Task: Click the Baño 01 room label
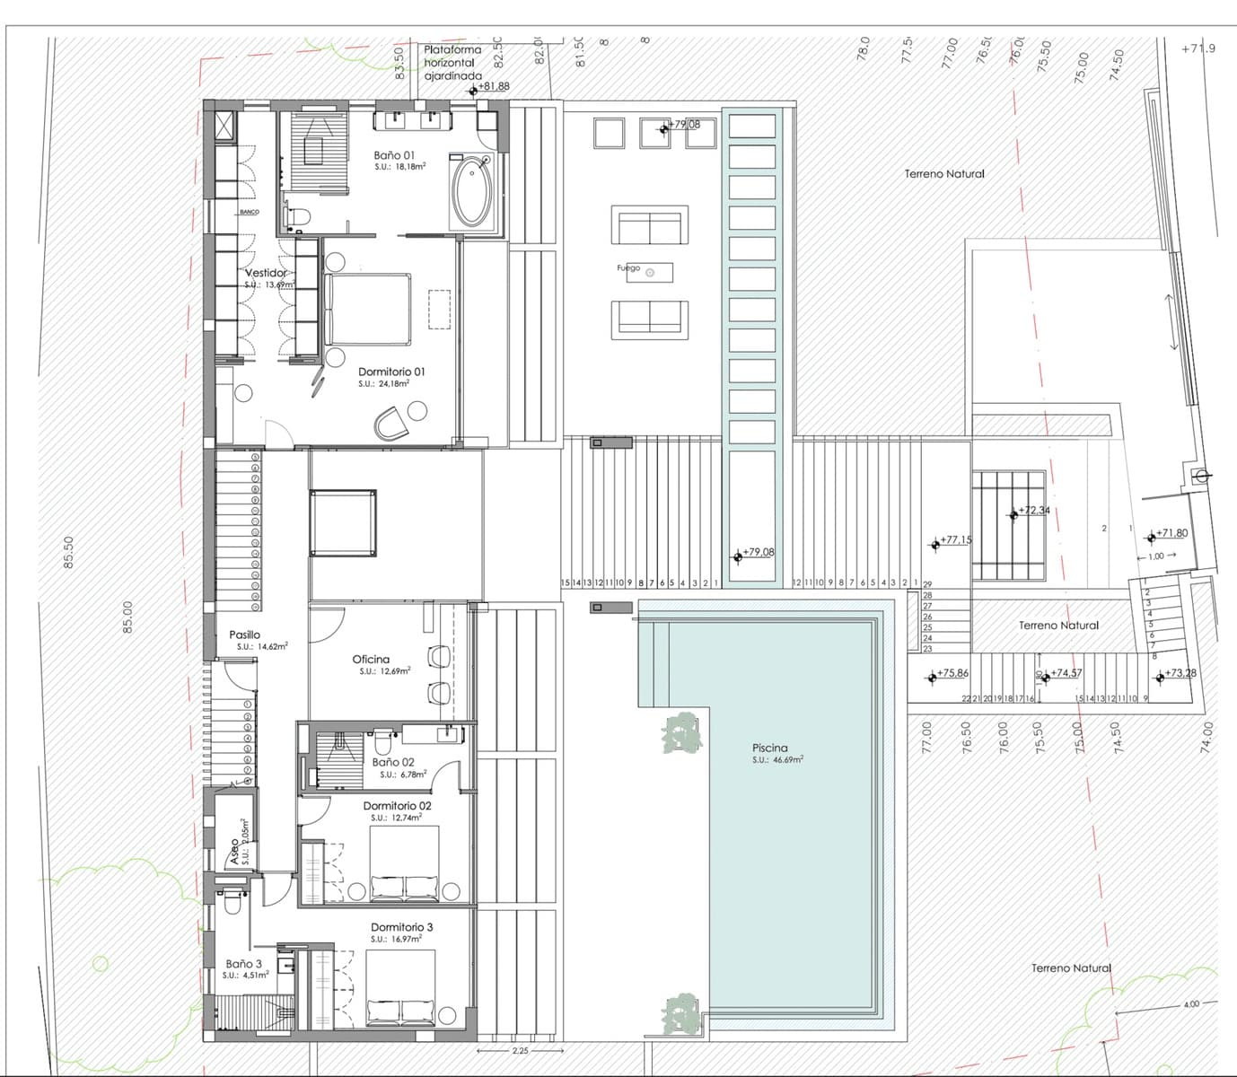click(x=394, y=155)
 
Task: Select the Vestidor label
click(x=266, y=273)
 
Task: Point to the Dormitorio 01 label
click(x=391, y=372)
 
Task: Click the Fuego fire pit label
click(x=628, y=268)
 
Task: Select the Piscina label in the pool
click(x=769, y=748)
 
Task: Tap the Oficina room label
click(x=371, y=660)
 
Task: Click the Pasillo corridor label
click(x=244, y=635)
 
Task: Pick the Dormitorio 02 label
click(x=397, y=806)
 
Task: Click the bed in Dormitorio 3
click(x=402, y=989)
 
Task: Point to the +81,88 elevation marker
click(x=492, y=87)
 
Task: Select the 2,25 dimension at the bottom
click(x=519, y=1050)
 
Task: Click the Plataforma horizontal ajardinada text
click(x=452, y=63)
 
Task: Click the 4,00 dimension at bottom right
click(x=1190, y=1003)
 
